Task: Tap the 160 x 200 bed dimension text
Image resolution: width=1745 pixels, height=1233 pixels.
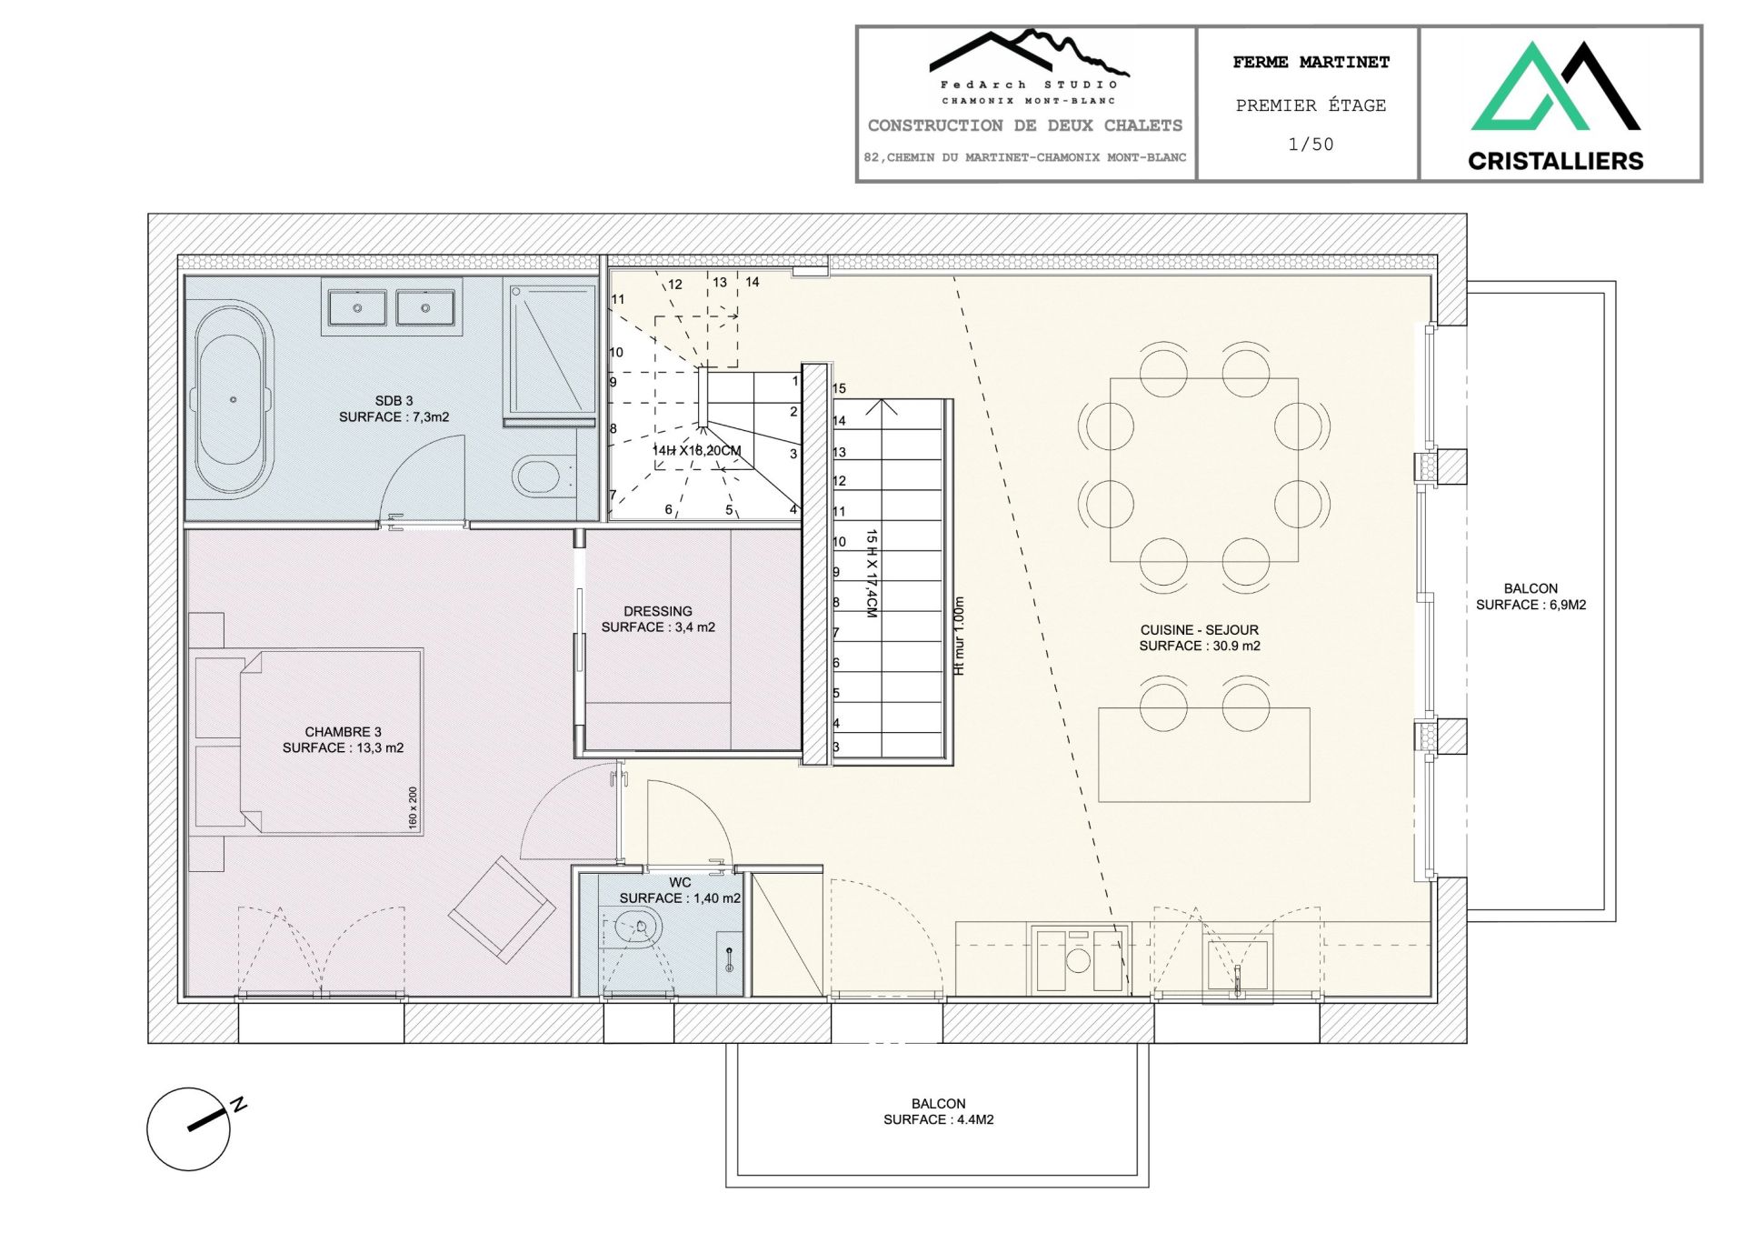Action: click(413, 807)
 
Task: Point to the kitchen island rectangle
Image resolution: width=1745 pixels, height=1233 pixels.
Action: click(1203, 755)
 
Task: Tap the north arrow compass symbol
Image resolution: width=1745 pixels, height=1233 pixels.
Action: click(189, 1128)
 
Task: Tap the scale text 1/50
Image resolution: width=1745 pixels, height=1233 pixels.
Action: click(1310, 144)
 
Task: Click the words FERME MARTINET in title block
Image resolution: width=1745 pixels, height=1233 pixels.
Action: click(1310, 62)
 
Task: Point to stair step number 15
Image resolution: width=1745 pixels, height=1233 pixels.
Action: click(839, 388)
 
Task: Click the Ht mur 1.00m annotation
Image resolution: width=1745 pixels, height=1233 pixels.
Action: click(959, 636)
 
